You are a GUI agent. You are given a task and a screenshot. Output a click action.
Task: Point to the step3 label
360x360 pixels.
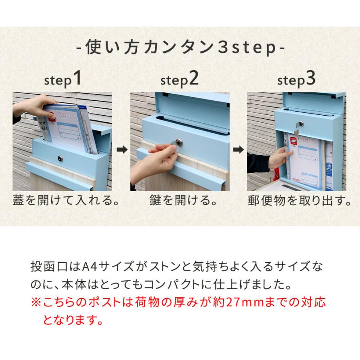296,80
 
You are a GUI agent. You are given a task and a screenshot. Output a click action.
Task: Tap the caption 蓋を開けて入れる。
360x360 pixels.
66,200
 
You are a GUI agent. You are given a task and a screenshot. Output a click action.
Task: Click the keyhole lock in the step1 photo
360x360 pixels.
60,158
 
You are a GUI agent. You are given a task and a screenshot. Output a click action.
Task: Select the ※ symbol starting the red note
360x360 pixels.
36,302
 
